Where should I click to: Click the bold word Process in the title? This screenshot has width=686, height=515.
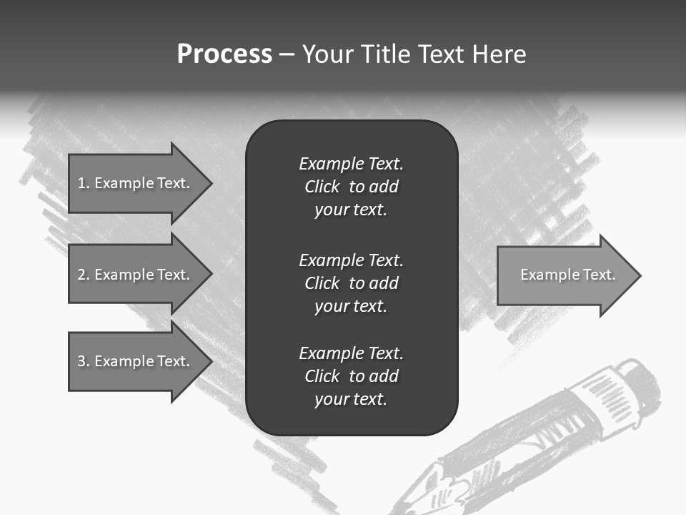pyautogui.click(x=224, y=54)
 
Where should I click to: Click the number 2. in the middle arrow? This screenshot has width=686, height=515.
pyautogui.click(x=84, y=275)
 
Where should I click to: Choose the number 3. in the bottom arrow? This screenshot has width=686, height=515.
pyautogui.click(x=84, y=361)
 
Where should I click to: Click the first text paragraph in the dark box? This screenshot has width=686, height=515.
pyautogui.click(x=351, y=187)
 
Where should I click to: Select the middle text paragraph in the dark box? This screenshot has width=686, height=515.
pyautogui.click(x=351, y=283)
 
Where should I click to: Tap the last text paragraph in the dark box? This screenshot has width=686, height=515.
pyautogui.click(x=351, y=376)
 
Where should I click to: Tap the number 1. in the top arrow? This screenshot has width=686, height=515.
pyautogui.click(x=83, y=183)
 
